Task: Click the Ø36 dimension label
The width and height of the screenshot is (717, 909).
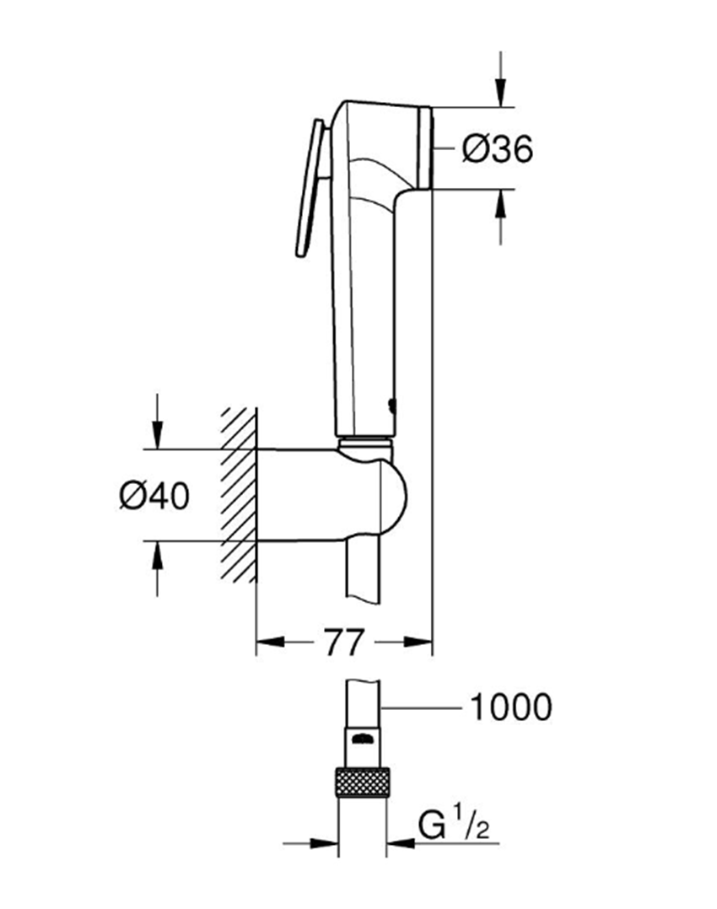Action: [x=498, y=149]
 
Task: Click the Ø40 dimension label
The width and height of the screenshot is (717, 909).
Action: [x=154, y=496]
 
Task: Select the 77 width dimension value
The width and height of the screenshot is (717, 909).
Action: [x=342, y=643]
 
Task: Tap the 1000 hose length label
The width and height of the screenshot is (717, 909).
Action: [x=509, y=707]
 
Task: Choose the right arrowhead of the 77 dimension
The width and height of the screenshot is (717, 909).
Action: [x=419, y=643]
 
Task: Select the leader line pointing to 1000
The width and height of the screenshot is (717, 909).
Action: [x=422, y=707]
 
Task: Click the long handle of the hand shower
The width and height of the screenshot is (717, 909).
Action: [x=363, y=320]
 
